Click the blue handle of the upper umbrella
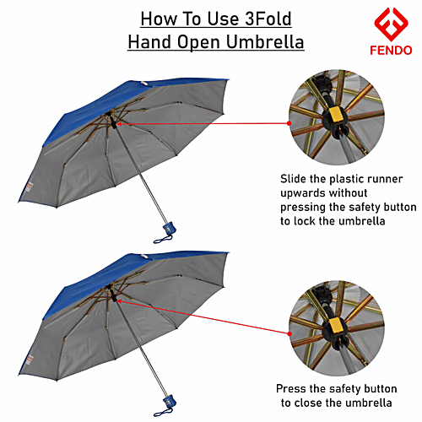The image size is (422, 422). point(168,227)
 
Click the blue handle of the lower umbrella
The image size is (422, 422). point(168,402)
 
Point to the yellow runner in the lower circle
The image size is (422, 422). point(336,323)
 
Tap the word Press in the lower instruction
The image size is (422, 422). point(294,388)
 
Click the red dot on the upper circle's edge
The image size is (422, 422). point(289,123)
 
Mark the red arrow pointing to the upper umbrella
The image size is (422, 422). point(123,123)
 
